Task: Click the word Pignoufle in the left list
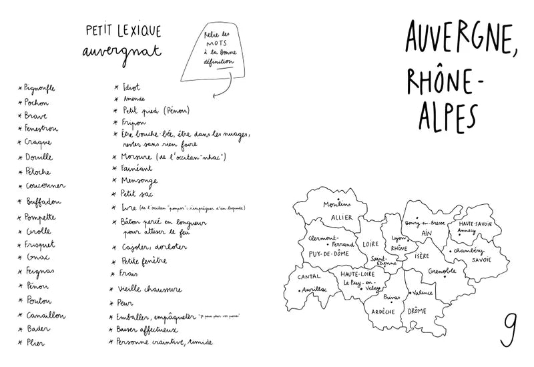[39, 87]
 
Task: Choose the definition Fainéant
[138, 168]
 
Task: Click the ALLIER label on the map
[341, 218]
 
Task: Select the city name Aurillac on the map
[306, 289]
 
